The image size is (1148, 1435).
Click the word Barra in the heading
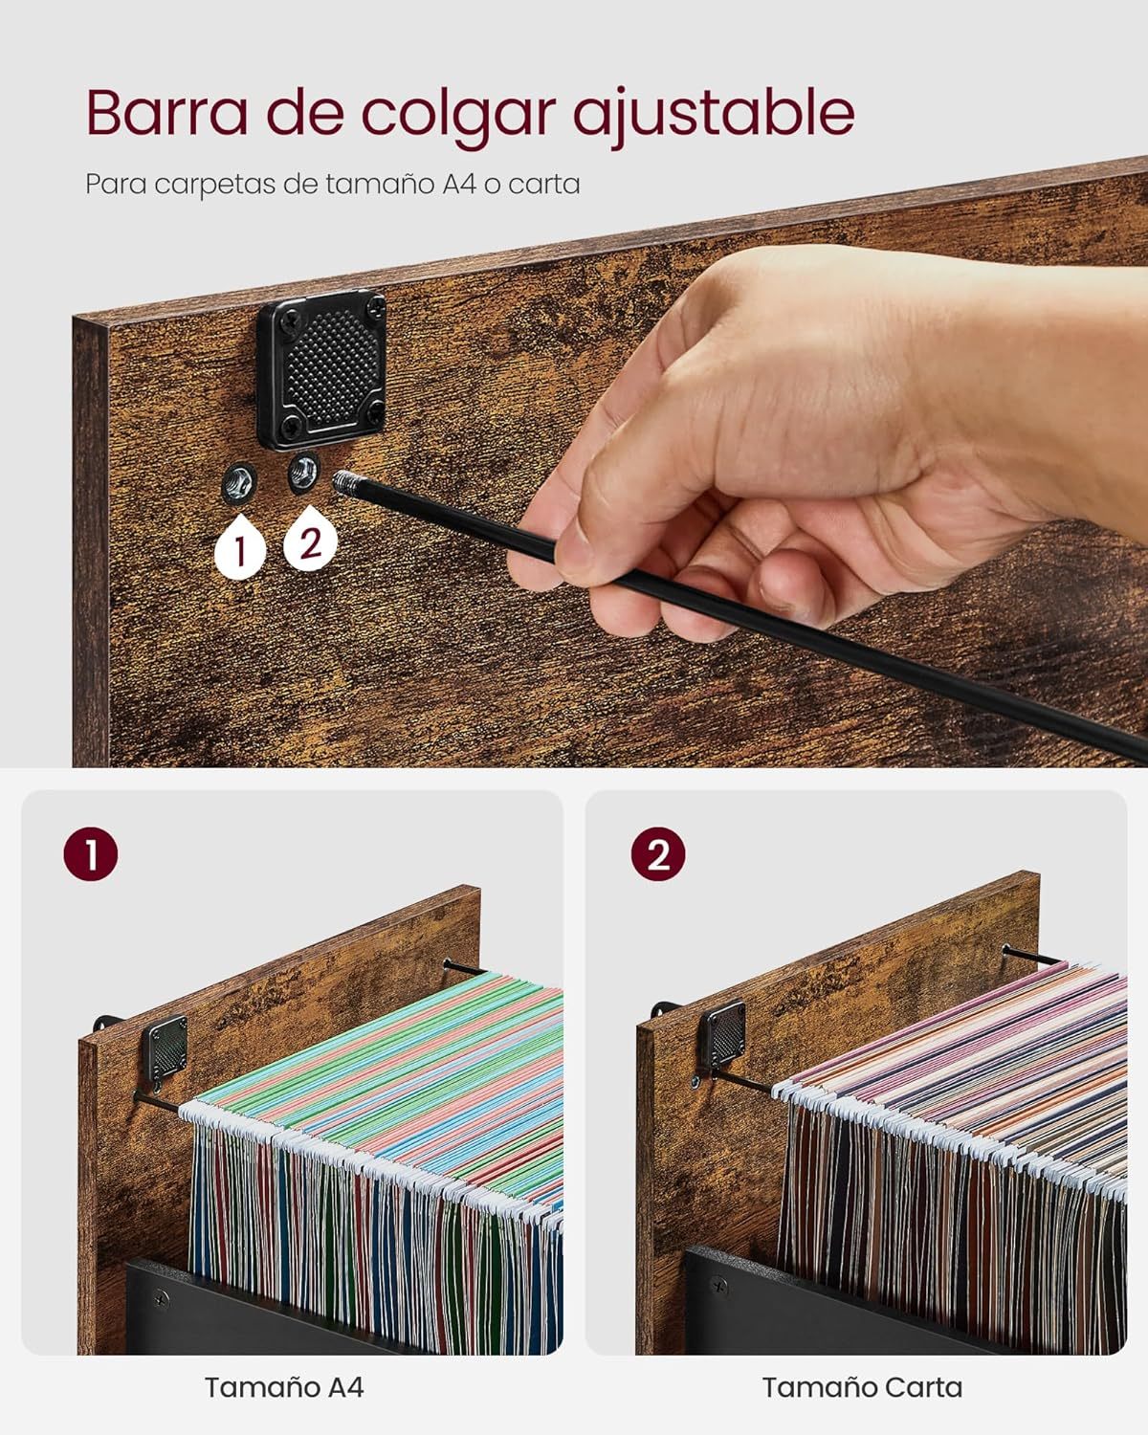coord(166,113)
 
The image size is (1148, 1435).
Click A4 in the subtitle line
coord(459,184)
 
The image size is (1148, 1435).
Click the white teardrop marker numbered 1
coord(240,544)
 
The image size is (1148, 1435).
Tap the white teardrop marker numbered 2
coord(310,538)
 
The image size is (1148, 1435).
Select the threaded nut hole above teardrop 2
coord(303,472)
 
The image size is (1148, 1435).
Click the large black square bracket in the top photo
coord(322,368)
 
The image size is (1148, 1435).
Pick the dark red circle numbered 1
coord(91,854)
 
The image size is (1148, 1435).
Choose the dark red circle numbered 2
coord(658,854)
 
